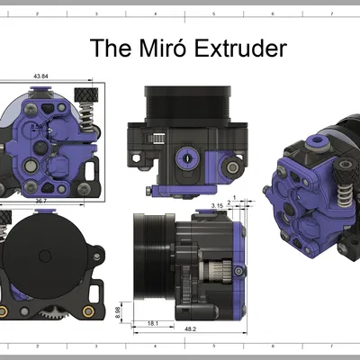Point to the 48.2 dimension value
coord(191,329)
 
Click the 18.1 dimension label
coord(152,322)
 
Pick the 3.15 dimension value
coord(216,206)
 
